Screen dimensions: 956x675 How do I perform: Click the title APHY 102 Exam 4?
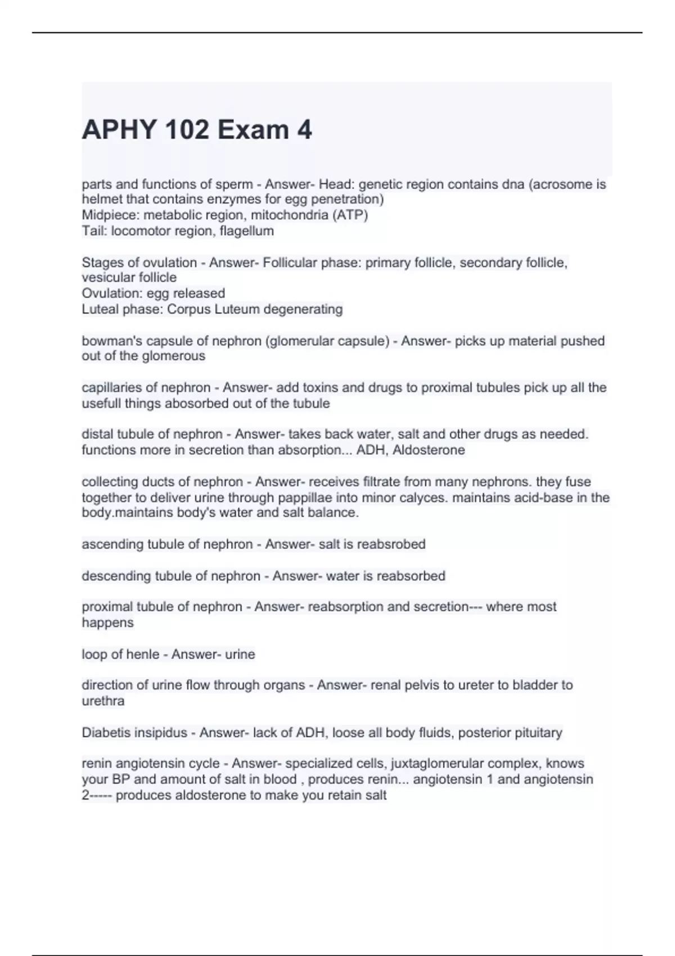click(196, 130)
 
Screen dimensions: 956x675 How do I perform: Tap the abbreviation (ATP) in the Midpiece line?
click(353, 215)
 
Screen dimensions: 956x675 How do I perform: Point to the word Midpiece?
click(110, 215)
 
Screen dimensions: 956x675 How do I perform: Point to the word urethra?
click(103, 701)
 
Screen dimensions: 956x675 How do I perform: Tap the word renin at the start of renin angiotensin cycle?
click(96, 763)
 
